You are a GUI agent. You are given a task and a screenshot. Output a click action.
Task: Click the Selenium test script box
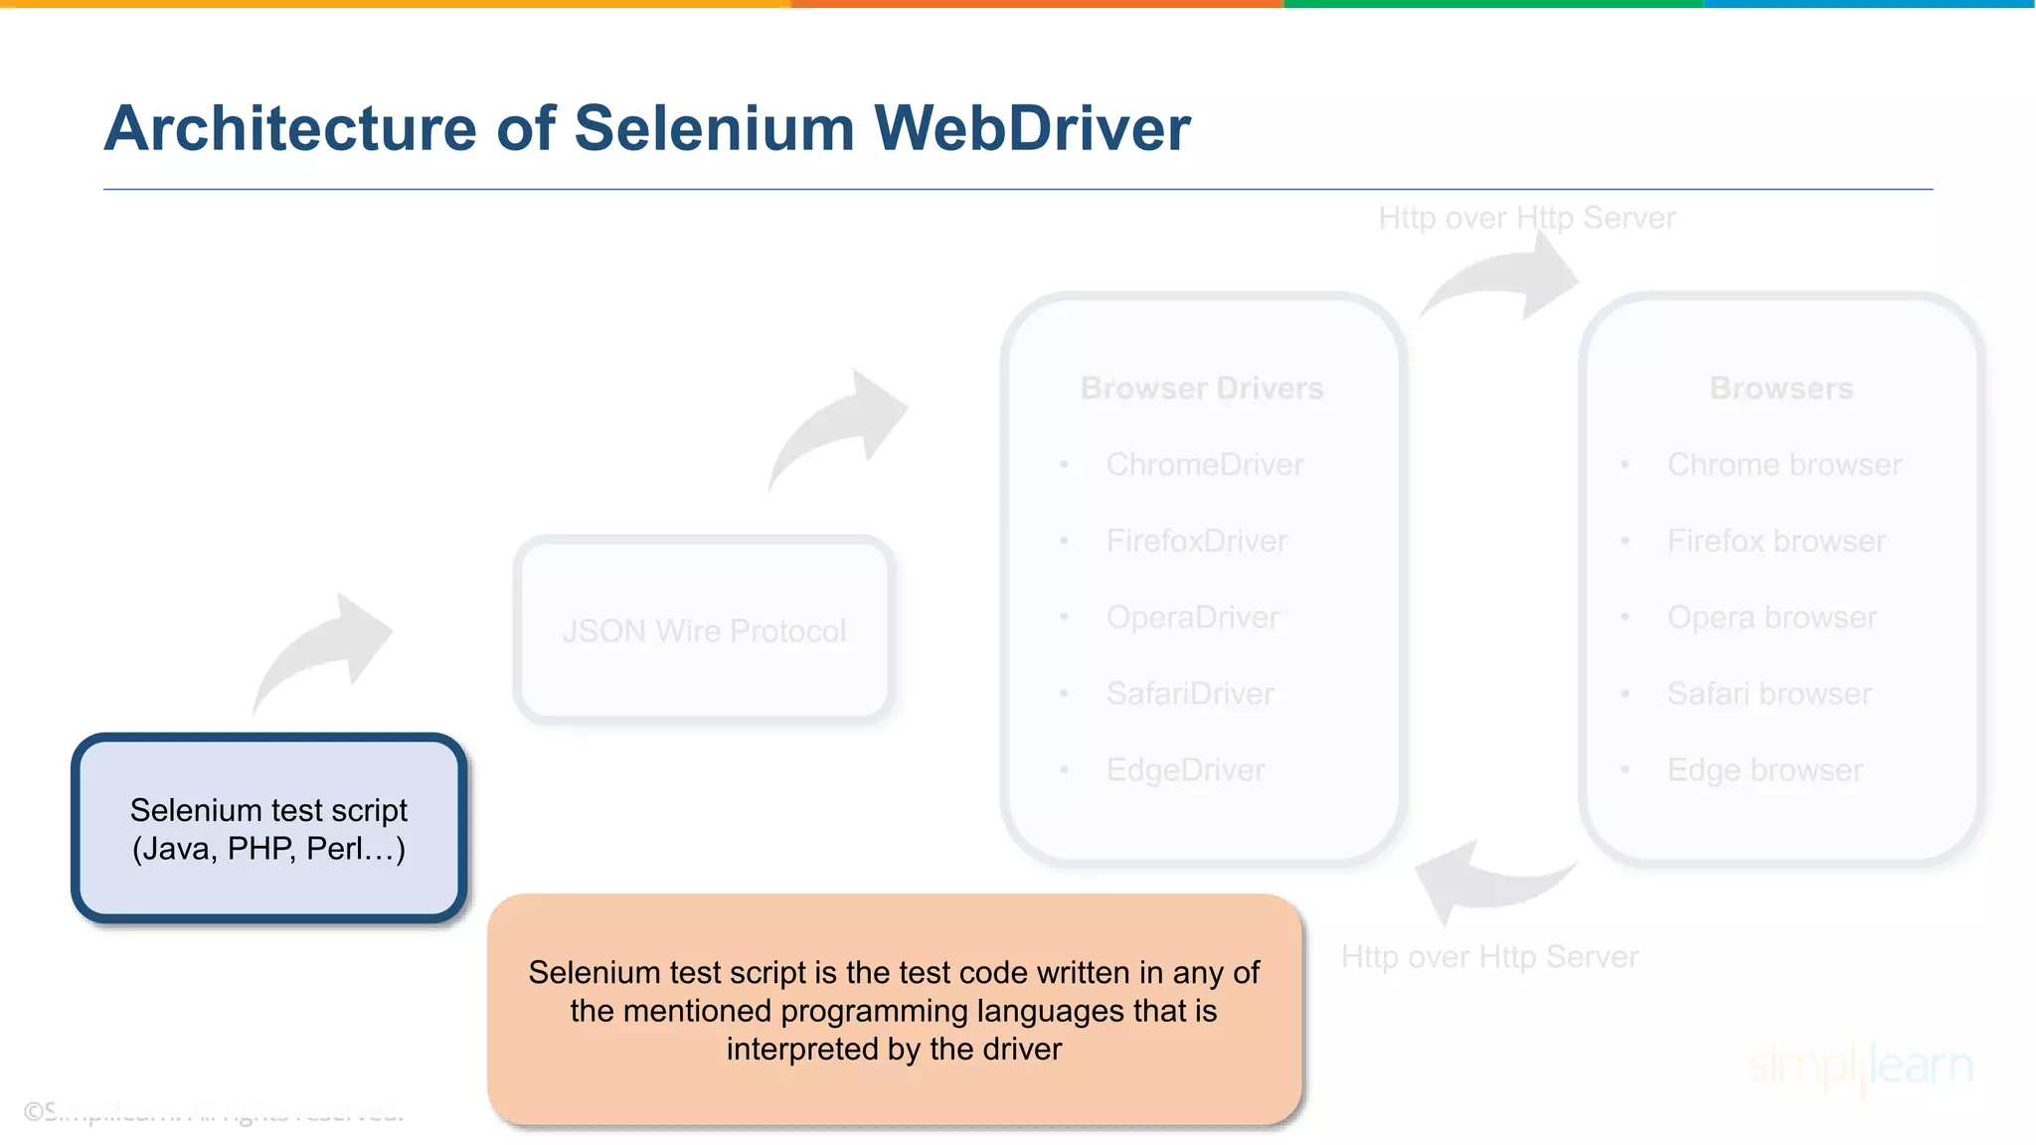click(x=268, y=829)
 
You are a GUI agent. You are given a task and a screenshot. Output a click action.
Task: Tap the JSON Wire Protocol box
click(x=704, y=630)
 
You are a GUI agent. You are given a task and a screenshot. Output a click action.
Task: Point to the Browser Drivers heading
click(x=1202, y=388)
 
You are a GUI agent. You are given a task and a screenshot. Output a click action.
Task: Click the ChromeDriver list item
click(x=1204, y=464)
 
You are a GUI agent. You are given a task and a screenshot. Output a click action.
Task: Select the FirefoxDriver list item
click(x=1196, y=541)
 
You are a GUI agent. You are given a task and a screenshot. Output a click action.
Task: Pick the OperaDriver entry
click(x=1192, y=617)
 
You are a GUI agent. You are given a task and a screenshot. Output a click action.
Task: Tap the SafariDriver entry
click(x=1190, y=694)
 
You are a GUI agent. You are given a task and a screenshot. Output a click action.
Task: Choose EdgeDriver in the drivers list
click(x=1185, y=770)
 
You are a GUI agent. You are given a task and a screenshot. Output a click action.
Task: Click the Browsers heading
click(x=1781, y=388)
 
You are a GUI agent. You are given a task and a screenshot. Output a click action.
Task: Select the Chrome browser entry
click(x=1783, y=464)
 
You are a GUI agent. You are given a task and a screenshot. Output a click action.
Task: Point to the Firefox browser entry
click(x=1776, y=541)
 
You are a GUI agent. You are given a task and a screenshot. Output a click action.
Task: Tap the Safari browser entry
click(x=1769, y=694)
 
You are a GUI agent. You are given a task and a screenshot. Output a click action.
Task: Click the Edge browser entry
click(x=1765, y=770)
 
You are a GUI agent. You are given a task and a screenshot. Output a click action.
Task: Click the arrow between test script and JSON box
click(x=323, y=651)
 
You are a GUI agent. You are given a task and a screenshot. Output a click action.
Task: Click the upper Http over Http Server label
click(x=1526, y=218)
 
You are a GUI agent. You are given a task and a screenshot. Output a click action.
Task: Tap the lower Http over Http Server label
click(x=1488, y=956)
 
